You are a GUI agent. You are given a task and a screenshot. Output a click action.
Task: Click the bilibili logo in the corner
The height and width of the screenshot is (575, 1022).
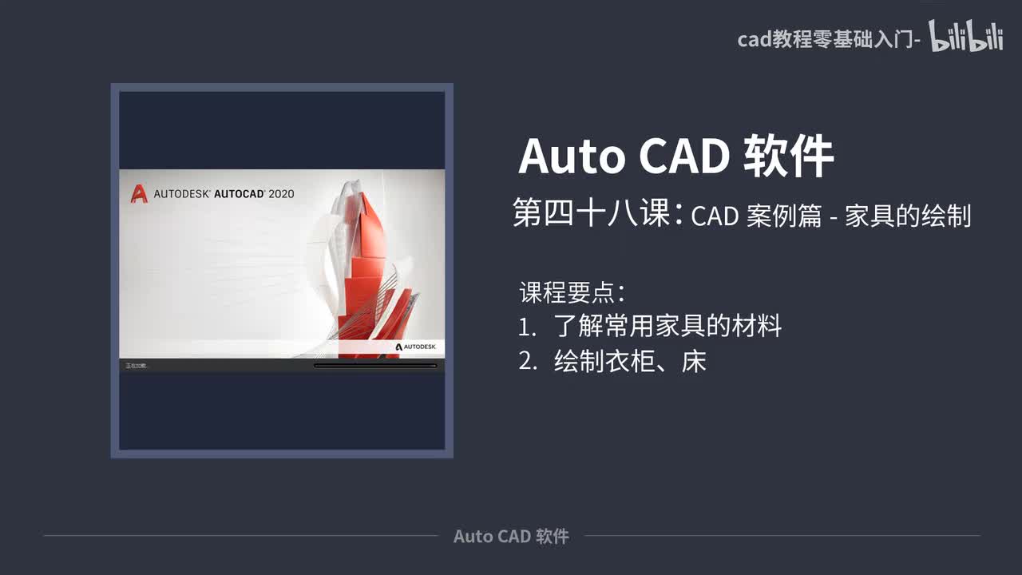(x=965, y=38)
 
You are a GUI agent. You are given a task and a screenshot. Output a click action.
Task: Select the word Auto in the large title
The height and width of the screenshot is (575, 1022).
(x=572, y=157)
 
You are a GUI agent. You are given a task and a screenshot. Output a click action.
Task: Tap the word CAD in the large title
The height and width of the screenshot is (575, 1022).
(x=683, y=157)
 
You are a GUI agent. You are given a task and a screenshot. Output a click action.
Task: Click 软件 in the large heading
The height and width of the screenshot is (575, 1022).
(x=789, y=157)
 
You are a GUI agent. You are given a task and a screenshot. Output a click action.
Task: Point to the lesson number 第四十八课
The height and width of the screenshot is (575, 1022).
(x=592, y=214)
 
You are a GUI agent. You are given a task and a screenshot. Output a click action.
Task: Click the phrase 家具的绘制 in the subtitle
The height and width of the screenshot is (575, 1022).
(x=908, y=216)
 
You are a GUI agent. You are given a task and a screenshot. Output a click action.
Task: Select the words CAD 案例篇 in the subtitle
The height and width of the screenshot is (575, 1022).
(x=756, y=216)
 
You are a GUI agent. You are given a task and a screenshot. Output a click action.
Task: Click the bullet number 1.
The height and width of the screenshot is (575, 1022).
(x=526, y=327)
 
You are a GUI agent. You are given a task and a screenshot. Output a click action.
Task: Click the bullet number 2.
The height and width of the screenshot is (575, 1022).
(x=527, y=362)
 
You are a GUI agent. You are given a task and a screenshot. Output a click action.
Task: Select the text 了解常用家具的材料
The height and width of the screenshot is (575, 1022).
(x=667, y=327)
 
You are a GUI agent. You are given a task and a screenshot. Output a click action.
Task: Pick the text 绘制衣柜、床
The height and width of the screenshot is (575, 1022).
(x=630, y=362)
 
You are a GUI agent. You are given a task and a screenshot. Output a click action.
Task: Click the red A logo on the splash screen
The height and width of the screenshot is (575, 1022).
(x=139, y=193)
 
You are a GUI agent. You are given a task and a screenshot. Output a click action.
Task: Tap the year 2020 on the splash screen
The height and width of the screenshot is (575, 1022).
(x=281, y=193)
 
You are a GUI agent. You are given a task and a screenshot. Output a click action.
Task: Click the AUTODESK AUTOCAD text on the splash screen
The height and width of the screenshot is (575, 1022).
(x=209, y=193)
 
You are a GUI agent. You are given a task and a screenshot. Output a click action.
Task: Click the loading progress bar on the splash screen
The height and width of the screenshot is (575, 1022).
(x=375, y=366)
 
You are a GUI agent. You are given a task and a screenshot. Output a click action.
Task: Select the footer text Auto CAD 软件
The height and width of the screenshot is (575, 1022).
(x=511, y=536)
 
